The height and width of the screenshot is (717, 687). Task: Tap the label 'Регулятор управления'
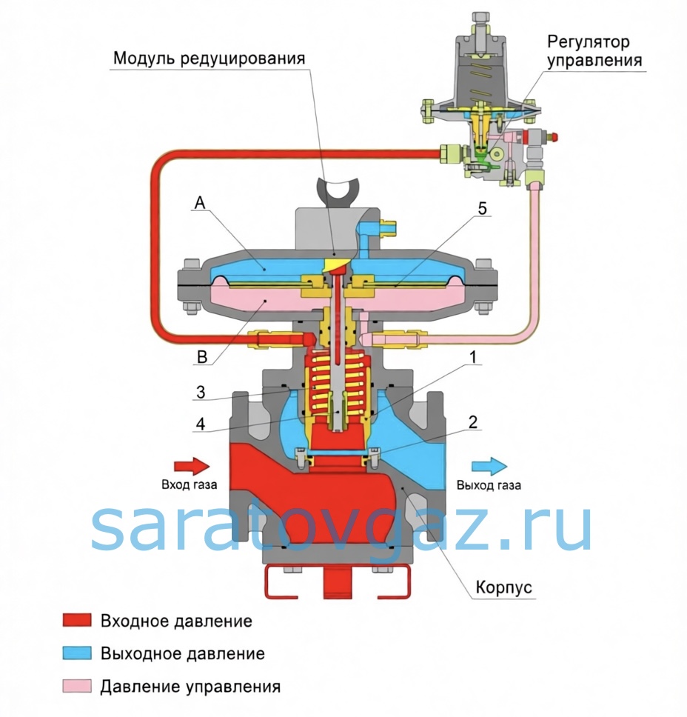594,49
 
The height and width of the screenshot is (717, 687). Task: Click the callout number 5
482,210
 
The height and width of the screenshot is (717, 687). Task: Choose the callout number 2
472,423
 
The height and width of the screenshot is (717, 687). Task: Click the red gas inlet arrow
192,466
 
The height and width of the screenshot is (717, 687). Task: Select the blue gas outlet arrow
489,466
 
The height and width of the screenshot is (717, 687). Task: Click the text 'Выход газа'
489,486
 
